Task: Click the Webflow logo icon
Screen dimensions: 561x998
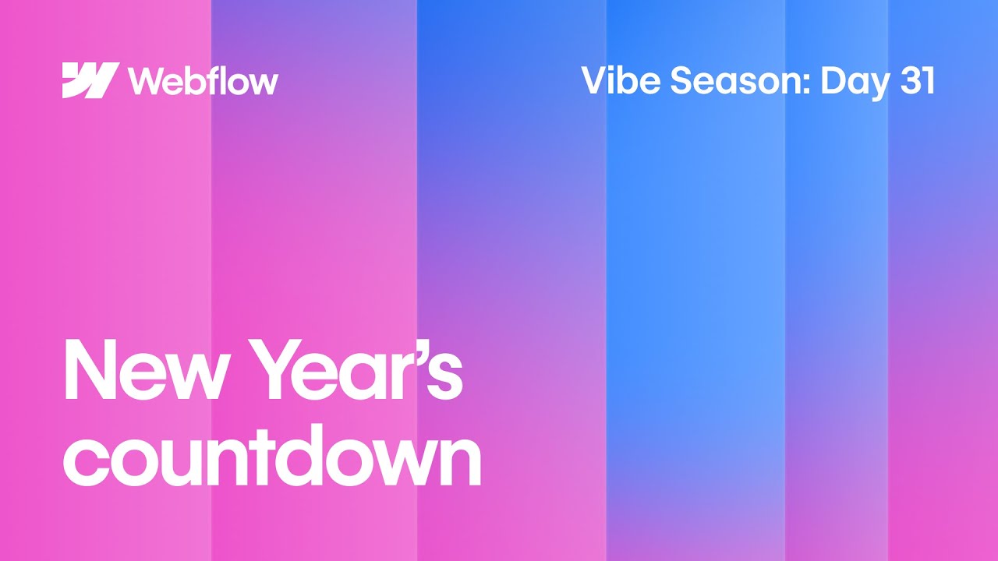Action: click(x=90, y=80)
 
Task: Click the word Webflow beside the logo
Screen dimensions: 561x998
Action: click(x=203, y=80)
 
